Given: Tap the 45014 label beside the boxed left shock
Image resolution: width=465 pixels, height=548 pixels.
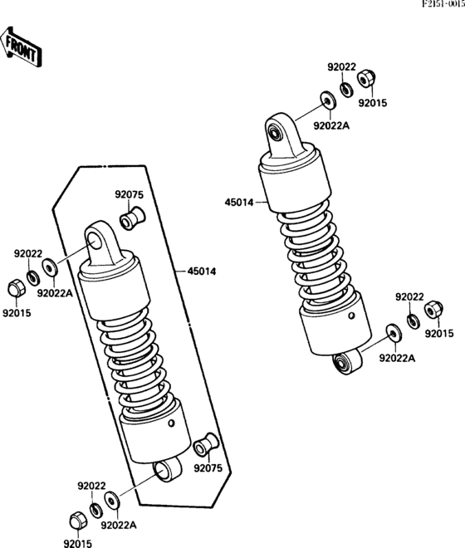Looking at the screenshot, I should [203, 271].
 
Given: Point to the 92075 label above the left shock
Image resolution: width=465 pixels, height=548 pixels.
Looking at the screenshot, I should [129, 195].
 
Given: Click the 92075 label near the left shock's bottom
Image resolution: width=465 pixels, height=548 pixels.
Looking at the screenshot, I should [208, 467].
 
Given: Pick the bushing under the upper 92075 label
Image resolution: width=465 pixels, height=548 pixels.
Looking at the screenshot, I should [130, 220].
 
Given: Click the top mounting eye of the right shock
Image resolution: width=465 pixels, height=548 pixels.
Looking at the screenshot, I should [277, 130].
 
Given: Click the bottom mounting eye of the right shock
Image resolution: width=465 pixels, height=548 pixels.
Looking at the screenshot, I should [341, 363].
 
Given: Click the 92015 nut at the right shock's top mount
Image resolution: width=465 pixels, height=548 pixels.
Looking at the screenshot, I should [365, 80].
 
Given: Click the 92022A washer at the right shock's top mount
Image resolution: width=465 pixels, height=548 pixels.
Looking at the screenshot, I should [327, 102].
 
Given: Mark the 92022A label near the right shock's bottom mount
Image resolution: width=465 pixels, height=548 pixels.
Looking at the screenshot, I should [397, 358].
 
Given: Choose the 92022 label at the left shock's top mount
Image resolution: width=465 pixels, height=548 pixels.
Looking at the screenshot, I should [27, 253].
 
